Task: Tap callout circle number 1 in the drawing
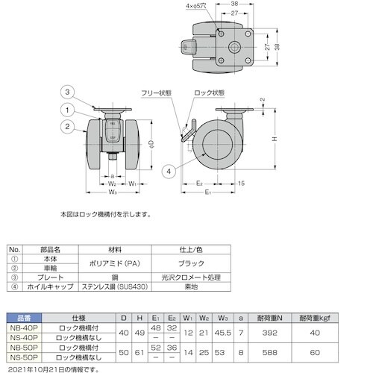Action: click(x=66, y=110)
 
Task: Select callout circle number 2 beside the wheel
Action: click(x=66, y=127)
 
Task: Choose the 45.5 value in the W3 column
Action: click(x=221, y=332)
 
